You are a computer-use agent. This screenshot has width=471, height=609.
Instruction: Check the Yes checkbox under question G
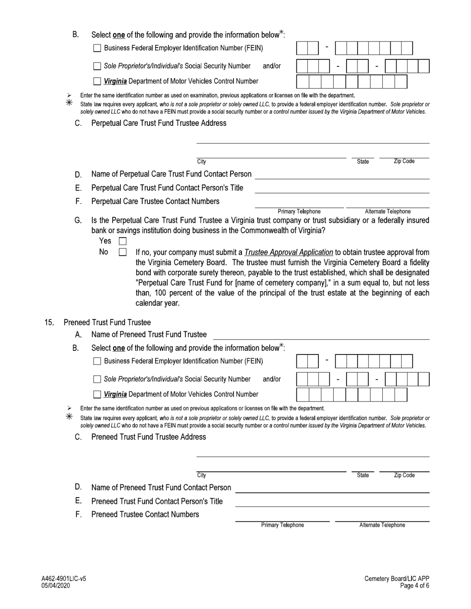point(123,242)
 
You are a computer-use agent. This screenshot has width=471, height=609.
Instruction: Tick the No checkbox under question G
point(123,253)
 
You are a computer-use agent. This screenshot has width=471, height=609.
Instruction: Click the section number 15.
point(49,323)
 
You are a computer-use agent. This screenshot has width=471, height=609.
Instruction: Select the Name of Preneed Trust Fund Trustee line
point(321,335)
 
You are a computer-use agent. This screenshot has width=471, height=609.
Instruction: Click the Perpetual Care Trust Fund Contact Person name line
point(342,174)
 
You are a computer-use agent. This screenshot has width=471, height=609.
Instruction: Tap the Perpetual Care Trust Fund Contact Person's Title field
point(342,189)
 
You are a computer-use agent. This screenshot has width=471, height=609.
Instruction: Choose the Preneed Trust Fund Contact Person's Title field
point(332,502)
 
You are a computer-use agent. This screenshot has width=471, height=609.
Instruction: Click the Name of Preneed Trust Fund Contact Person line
point(332,488)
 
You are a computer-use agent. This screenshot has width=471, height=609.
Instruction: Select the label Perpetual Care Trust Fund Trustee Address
point(159,123)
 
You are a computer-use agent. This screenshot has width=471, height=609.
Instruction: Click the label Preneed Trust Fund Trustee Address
point(149,437)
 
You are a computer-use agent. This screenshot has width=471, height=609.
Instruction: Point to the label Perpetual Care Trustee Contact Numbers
point(155,202)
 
